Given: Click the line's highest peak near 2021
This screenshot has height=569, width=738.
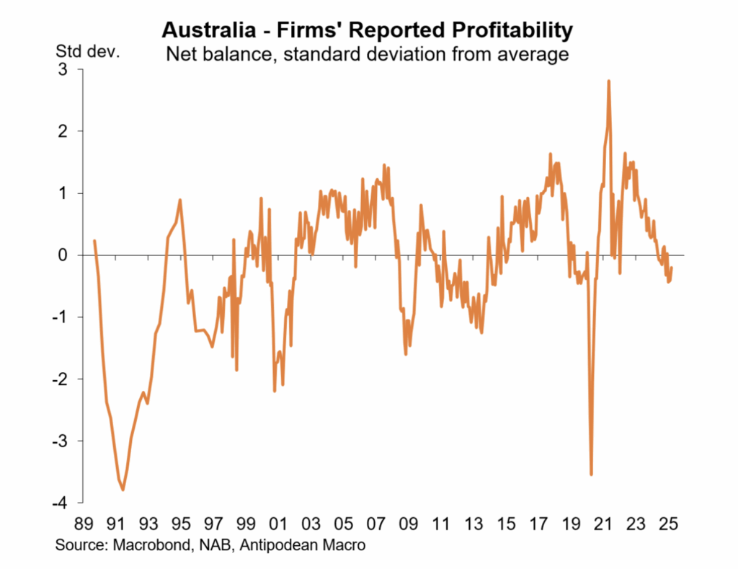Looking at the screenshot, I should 609,81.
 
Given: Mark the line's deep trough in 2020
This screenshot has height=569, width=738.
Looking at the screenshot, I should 592,475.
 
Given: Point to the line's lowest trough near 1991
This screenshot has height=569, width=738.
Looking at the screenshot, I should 123,490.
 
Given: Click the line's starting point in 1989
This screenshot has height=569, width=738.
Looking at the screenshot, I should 94,241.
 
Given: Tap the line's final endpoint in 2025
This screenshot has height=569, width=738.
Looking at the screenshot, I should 672,268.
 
